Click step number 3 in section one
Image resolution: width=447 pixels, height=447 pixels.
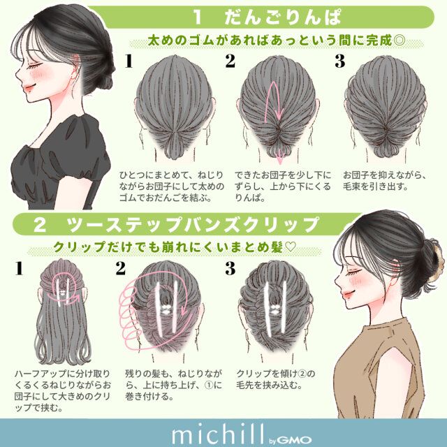[339, 61]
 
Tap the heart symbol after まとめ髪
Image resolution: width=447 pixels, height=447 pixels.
[291, 247]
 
